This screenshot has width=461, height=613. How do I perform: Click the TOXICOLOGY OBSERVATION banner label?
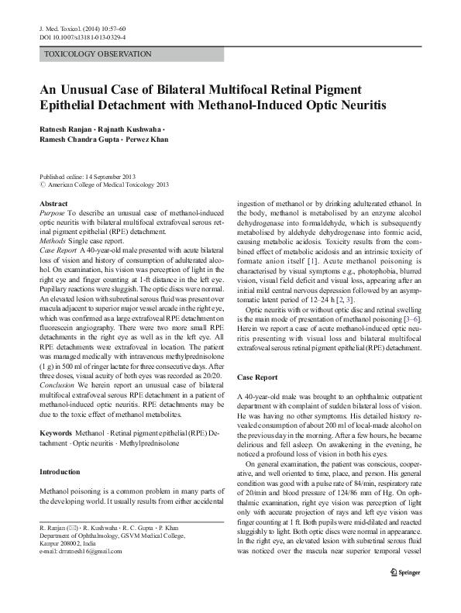(98, 54)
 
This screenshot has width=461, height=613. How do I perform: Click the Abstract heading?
(53, 202)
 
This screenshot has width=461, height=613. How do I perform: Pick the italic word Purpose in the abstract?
(51, 212)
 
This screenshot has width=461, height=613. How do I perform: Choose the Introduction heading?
(59, 471)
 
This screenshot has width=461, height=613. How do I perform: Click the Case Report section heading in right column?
(256, 377)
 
